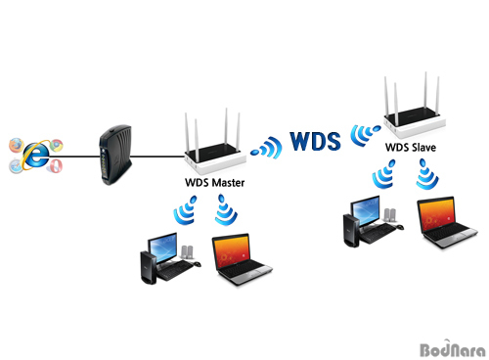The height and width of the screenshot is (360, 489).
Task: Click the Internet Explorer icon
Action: point(36,155)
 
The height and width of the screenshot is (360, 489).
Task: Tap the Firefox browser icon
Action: point(17,145)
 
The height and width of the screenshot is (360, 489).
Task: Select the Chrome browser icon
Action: point(56,146)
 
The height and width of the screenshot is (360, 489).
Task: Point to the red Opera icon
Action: point(55,165)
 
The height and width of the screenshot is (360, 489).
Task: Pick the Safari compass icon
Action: point(16,166)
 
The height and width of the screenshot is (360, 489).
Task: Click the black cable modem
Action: point(115,155)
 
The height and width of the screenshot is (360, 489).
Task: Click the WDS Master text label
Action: point(214,183)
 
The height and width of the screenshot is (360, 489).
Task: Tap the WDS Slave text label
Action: point(411,148)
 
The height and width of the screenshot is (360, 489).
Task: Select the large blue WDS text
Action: point(315,141)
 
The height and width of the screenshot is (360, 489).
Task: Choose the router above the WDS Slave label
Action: point(414,106)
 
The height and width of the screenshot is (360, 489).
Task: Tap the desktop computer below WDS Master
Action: point(170,258)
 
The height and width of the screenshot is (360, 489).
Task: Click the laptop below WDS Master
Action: point(242,259)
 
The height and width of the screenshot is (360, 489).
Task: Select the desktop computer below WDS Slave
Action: point(373,221)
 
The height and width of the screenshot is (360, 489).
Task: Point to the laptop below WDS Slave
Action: point(447,222)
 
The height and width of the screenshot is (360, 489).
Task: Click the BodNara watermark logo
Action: point(453,348)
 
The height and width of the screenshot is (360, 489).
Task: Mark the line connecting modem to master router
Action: point(157,157)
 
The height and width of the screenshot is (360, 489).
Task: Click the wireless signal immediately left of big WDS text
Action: point(267,148)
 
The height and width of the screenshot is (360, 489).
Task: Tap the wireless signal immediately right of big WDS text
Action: point(365,135)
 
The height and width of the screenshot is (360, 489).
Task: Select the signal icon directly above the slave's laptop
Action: point(427,174)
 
